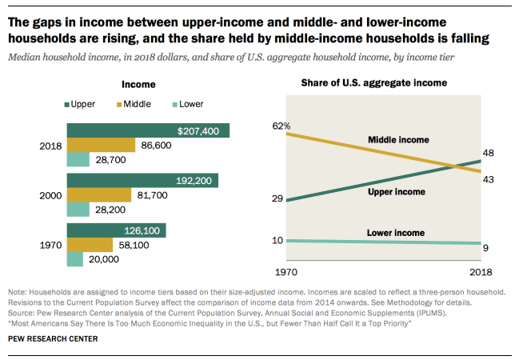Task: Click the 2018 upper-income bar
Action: coord(148,130)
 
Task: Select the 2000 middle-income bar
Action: coord(98,195)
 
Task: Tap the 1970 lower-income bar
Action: coord(74,259)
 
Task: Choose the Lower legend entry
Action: coord(183,104)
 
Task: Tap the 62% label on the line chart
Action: coord(281,126)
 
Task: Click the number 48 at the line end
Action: coord(488,154)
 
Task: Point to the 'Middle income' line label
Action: coord(398,140)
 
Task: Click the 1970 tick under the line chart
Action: coord(285,271)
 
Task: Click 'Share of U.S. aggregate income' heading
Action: coord(373,82)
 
